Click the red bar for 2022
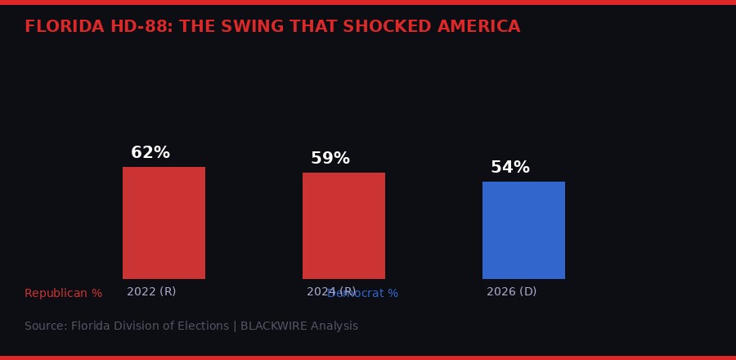click(164, 223)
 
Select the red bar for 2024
click(343, 226)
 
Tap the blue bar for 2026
click(523, 230)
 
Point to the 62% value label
click(150, 153)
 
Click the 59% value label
click(330, 159)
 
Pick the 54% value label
click(510, 168)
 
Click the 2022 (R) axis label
click(151, 292)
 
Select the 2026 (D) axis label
click(511, 292)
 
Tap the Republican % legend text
click(63, 294)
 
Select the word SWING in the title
click(249, 27)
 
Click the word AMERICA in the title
click(482, 27)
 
